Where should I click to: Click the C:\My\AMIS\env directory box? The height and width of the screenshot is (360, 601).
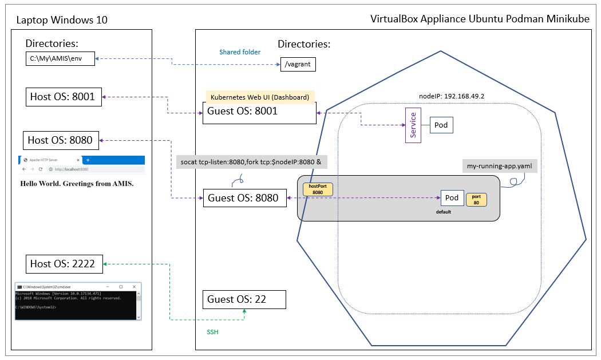coord(61,59)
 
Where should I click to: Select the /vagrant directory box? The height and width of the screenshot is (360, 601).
coord(298,64)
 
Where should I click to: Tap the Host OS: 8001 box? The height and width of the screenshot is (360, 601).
coord(62,97)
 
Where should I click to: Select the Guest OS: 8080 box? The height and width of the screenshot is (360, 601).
coord(245,198)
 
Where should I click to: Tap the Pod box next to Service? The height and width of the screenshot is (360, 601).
coord(441,125)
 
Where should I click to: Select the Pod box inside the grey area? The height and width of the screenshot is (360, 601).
coord(452,198)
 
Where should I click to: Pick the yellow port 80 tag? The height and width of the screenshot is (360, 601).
coord(476,199)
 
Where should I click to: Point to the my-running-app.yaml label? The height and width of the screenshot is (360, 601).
coord(500,166)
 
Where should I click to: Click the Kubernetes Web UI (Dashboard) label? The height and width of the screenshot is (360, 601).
coord(260,97)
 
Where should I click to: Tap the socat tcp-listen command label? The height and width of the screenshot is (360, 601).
coord(251,162)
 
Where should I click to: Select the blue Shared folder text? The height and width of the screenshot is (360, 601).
coord(240,52)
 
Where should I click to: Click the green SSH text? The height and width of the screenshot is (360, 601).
coord(212,332)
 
